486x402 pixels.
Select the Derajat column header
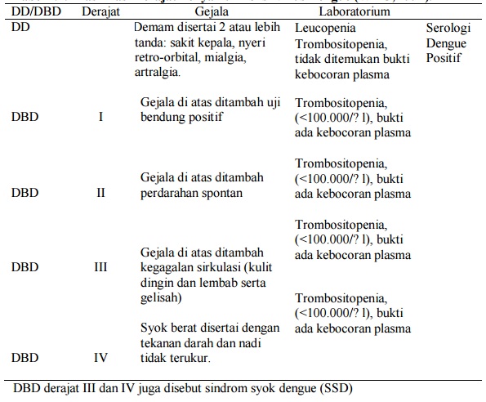point(100,13)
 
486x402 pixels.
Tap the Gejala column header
point(211,13)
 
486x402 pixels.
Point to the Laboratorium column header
point(354,13)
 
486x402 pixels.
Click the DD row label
point(20,26)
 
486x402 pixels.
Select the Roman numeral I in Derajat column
point(100,117)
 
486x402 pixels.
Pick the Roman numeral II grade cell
point(100,194)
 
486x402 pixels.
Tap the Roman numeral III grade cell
point(100,266)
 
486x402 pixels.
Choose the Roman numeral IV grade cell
point(100,357)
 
